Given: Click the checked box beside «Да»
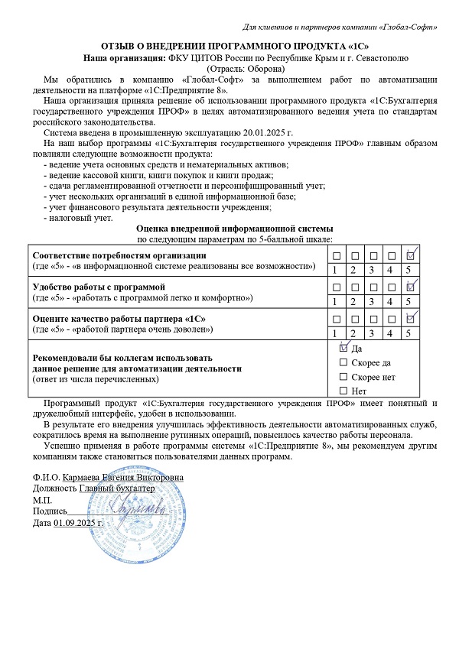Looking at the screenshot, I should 343,347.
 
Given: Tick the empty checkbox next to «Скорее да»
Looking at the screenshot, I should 343,362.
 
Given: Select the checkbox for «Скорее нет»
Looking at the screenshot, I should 343,377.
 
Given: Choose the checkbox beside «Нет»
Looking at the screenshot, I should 343,391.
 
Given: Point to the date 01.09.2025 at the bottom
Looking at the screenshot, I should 79,522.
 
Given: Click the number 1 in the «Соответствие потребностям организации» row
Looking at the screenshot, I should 335,270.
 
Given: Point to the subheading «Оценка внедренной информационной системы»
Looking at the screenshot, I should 234,229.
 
